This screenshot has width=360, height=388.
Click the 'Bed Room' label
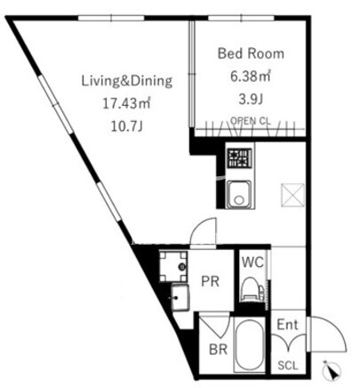point(251,53)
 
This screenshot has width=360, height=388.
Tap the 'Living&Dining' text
point(127,81)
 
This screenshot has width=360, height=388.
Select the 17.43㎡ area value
point(127,103)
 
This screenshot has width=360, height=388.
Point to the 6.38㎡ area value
point(251,77)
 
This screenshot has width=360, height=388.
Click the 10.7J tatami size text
point(127,126)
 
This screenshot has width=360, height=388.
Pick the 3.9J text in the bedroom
point(251,100)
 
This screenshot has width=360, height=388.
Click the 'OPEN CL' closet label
point(251,121)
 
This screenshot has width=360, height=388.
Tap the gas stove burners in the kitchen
point(239,158)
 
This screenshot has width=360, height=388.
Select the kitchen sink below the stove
point(239,194)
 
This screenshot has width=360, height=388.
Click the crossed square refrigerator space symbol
point(292,195)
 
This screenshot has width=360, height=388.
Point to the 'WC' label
point(252,263)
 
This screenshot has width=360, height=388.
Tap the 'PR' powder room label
point(210,281)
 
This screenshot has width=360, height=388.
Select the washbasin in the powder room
point(180,297)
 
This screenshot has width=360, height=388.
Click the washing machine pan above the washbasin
point(173,267)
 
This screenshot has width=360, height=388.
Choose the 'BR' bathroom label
point(218,350)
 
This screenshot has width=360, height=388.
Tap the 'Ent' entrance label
point(287,325)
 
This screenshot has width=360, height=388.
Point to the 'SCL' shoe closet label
point(288,366)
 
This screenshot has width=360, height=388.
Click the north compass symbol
point(332,370)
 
